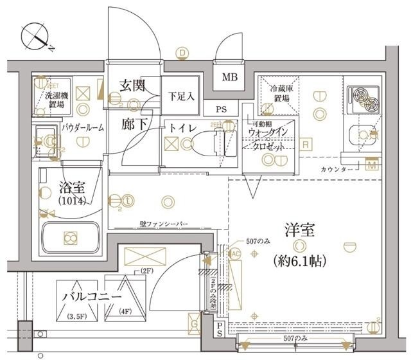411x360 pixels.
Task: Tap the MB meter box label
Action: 229,78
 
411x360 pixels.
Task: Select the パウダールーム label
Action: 83,128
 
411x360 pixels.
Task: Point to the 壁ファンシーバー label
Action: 164,224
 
